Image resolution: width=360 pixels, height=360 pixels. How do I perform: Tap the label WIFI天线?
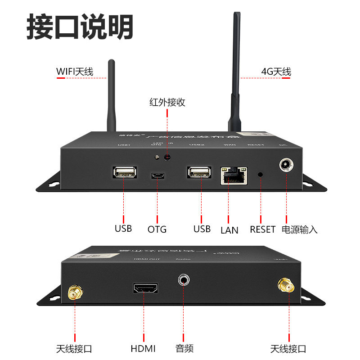click(x=75, y=72)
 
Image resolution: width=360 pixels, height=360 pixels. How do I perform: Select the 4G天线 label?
click(x=276, y=72)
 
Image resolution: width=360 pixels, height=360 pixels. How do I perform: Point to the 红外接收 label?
click(x=167, y=102)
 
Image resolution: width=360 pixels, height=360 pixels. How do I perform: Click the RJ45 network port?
click(x=234, y=176)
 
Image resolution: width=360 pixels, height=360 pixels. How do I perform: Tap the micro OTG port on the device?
click(x=157, y=175)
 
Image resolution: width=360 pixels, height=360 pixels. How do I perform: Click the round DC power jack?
click(x=286, y=165)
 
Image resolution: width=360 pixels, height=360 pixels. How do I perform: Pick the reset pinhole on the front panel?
click(x=260, y=174)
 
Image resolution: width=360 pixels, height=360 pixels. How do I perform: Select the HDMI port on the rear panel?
click(x=145, y=289)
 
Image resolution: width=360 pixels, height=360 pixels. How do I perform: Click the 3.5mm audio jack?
click(x=183, y=280)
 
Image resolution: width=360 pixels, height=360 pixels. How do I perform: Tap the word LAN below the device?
click(x=229, y=230)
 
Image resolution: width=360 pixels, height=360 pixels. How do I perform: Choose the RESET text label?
click(x=262, y=229)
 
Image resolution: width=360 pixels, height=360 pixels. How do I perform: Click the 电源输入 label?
click(x=300, y=229)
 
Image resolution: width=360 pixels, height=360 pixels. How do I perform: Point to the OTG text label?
click(x=157, y=229)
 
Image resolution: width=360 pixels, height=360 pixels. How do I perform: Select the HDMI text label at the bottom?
click(x=143, y=348)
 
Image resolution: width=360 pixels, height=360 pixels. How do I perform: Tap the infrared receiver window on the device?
click(x=167, y=157)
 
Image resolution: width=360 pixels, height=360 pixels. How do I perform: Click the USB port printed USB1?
click(x=124, y=172)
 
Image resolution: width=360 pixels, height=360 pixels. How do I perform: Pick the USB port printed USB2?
click(x=198, y=172)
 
